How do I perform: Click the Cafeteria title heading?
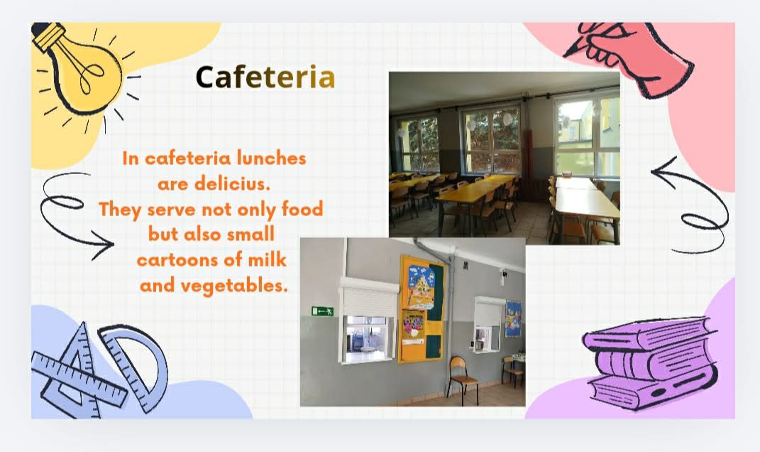[265, 77]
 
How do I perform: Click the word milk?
[267, 259]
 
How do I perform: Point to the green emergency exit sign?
[322, 311]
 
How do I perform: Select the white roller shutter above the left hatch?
[369, 296]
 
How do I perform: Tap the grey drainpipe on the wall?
[450, 311]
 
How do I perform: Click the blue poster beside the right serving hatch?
[513, 318]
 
